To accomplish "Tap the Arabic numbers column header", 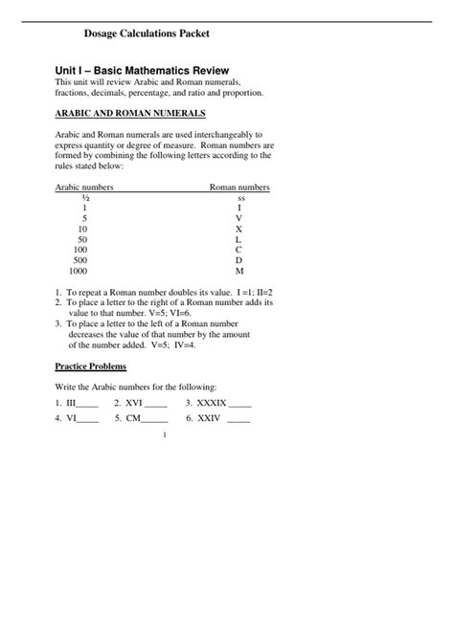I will [84, 188].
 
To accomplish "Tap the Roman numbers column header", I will [239, 188].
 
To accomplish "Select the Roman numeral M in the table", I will [239, 271].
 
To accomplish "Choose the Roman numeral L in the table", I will [239, 239].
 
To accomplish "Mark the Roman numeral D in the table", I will [239, 260].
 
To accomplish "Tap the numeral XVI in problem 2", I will [134, 403].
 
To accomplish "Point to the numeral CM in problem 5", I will [132, 418].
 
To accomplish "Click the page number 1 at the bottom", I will [166, 435].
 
